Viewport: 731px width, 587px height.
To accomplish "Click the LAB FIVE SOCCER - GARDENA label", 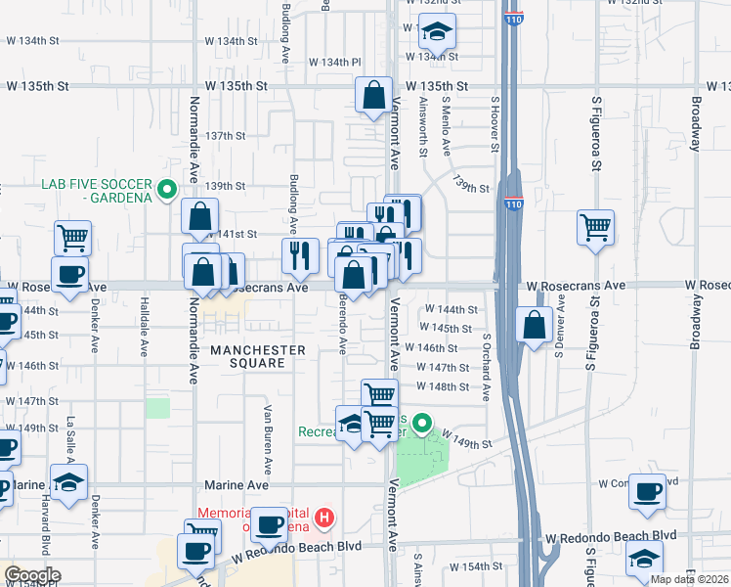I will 97,191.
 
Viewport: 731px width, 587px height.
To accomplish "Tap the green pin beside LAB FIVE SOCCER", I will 167,190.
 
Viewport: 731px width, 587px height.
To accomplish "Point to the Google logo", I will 32,575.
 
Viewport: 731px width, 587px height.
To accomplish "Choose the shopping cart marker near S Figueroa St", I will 595,229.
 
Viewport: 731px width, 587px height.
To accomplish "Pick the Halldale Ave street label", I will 144,326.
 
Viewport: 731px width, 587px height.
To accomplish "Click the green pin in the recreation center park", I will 422,424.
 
